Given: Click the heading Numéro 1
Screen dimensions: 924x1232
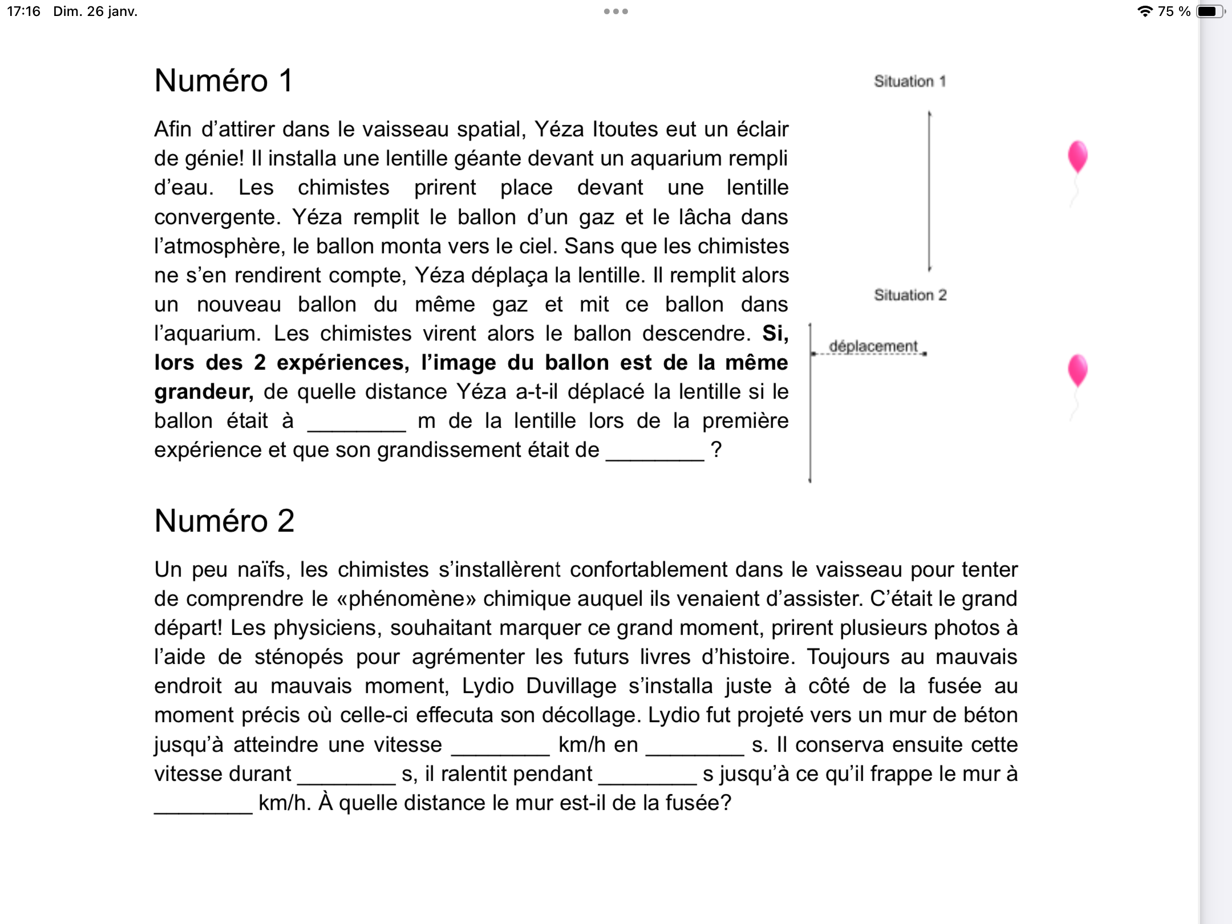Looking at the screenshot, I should click(224, 80).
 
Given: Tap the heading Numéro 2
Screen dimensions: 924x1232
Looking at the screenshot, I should click(224, 521).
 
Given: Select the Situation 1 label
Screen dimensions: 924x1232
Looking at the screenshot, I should click(910, 82).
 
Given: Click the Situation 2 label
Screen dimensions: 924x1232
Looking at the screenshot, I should click(910, 295).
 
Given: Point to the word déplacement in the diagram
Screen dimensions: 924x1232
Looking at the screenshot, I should click(873, 346).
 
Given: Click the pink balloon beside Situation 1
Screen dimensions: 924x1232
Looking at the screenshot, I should click(1077, 157).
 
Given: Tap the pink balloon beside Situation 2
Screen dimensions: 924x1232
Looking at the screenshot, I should click(1077, 371).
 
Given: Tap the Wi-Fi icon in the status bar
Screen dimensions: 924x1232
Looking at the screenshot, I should click(1144, 11).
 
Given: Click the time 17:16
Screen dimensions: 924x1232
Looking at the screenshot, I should click(23, 11).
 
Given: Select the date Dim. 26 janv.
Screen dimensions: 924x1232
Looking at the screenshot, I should click(95, 11).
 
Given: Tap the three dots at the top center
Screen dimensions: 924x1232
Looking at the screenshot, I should click(616, 11).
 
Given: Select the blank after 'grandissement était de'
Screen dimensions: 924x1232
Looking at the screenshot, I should click(655, 452).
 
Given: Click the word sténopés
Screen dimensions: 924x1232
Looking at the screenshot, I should click(299, 657).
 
